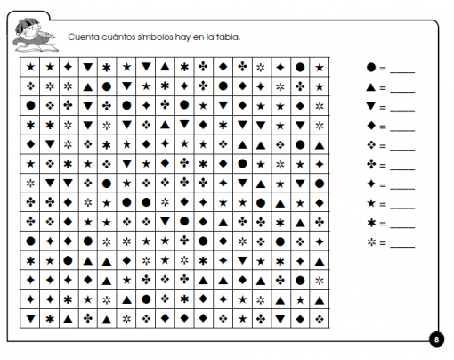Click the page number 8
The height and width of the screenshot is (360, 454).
(x=436, y=340)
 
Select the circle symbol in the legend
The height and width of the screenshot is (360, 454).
(x=370, y=67)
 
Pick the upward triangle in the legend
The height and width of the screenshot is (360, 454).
(x=370, y=86)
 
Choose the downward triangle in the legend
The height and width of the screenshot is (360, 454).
(x=370, y=106)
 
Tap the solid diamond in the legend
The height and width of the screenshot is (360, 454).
(x=370, y=126)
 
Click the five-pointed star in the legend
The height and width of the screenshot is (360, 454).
(x=370, y=204)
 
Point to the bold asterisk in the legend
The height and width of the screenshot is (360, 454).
(x=370, y=224)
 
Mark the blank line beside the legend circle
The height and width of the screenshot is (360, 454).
(x=402, y=70)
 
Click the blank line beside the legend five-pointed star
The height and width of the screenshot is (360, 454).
(x=402, y=207)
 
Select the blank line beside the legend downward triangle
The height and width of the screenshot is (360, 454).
(x=402, y=109)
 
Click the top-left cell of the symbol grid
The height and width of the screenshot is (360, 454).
(x=31, y=67)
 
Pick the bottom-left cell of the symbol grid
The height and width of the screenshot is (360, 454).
(x=31, y=317)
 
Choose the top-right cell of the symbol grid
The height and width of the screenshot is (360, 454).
(x=320, y=67)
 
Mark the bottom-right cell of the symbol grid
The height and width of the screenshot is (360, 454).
(x=320, y=317)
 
